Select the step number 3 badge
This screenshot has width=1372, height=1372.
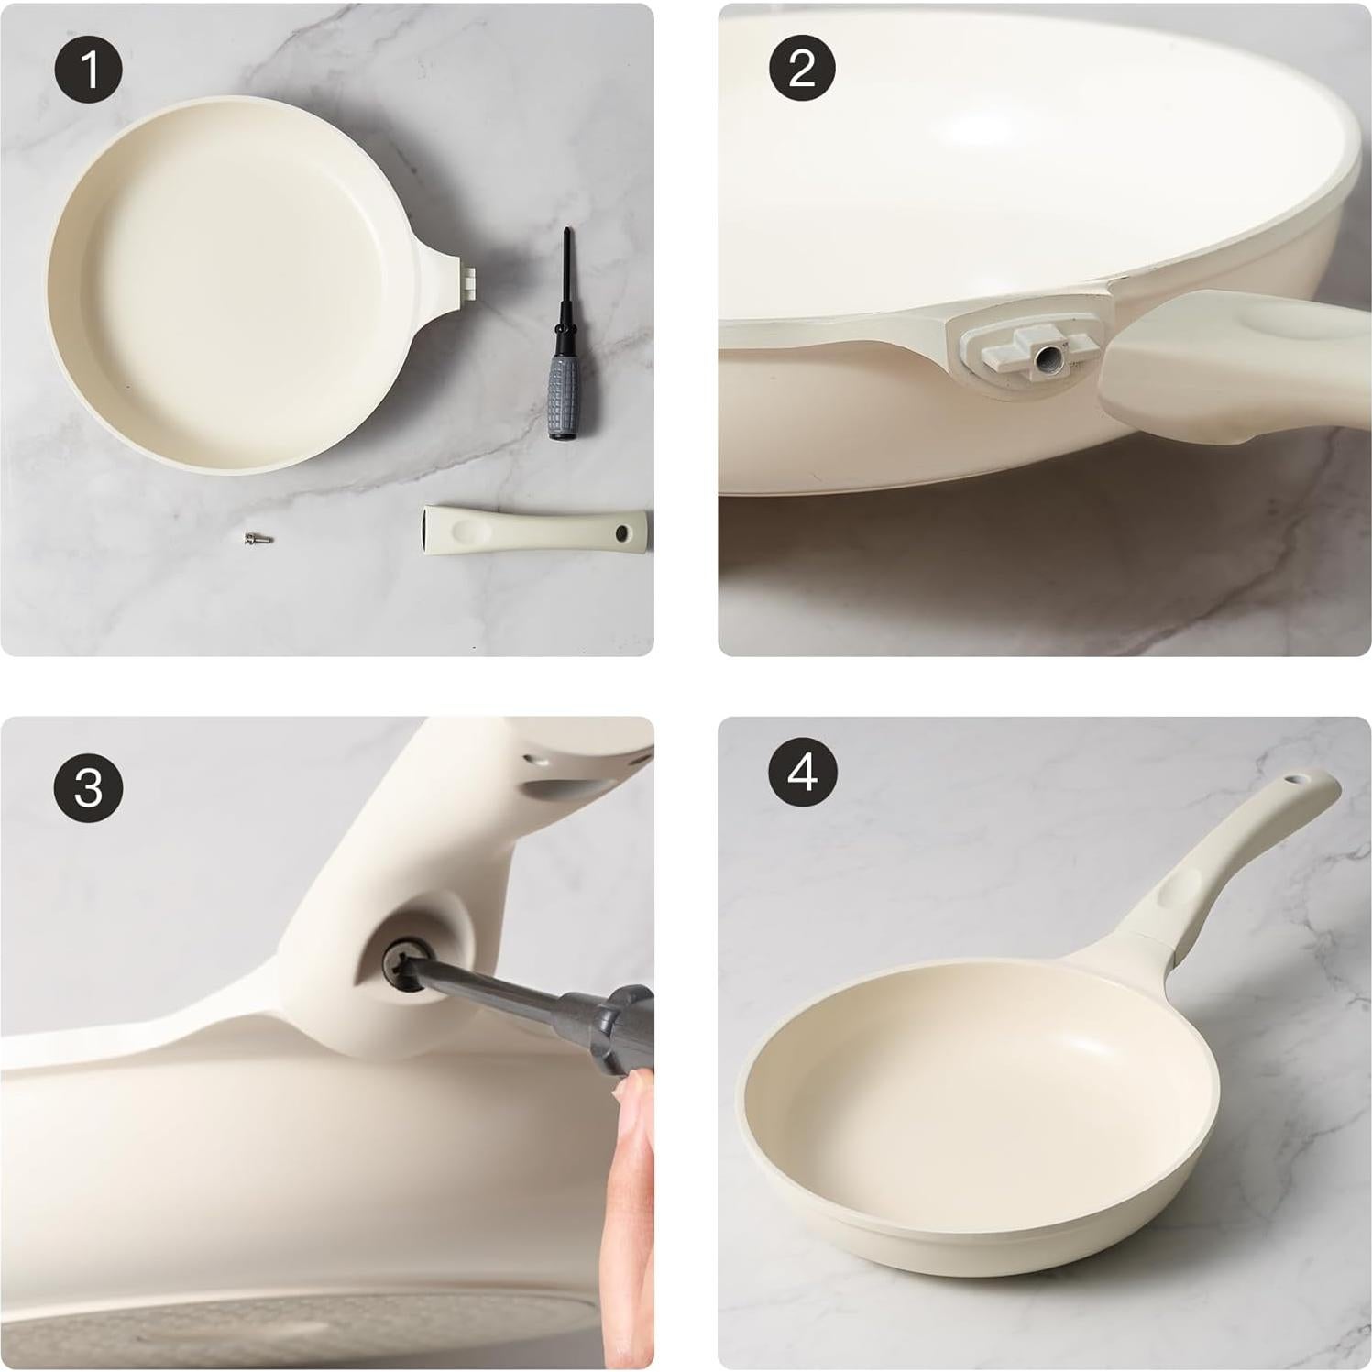click(89, 785)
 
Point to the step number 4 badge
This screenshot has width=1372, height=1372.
click(802, 773)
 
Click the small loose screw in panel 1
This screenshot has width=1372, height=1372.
click(253, 541)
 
